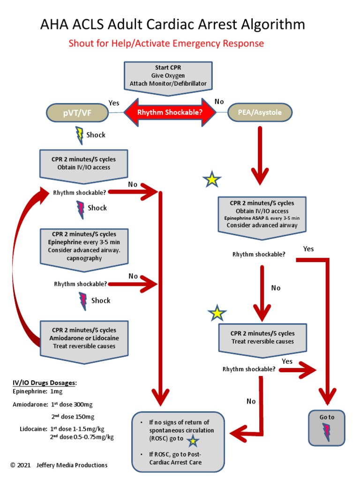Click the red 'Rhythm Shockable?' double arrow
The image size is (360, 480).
[x=170, y=112]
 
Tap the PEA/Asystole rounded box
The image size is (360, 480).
[x=260, y=112]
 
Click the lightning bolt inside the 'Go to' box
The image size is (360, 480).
[x=326, y=429]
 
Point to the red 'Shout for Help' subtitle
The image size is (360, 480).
[x=166, y=44]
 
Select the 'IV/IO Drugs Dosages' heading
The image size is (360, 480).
[x=45, y=383]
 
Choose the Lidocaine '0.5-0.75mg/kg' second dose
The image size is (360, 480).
[x=92, y=437]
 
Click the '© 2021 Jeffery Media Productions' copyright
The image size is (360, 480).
[x=59, y=465]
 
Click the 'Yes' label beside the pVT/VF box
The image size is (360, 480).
[x=114, y=103]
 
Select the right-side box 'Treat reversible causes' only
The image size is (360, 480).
[x=262, y=337]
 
